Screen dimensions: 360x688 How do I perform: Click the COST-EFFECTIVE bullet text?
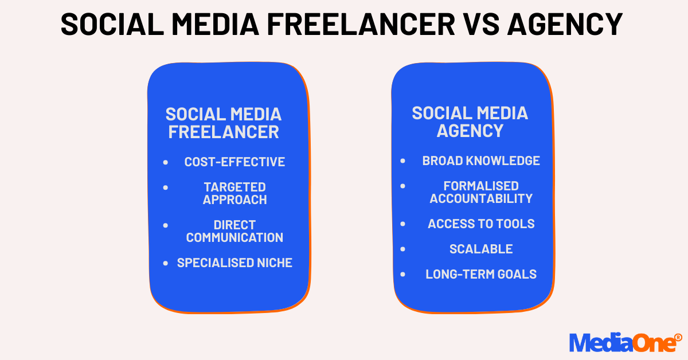pyautogui.click(x=234, y=162)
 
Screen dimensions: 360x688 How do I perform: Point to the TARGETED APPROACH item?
pyautogui.click(x=234, y=193)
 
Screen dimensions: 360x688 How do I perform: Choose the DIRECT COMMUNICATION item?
pyautogui.click(x=234, y=231)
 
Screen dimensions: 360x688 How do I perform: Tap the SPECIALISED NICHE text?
pyautogui.click(x=234, y=263)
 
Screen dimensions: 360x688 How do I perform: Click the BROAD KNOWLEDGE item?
pyautogui.click(x=481, y=161)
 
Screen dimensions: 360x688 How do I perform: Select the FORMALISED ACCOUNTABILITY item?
pyautogui.click(x=481, y=192)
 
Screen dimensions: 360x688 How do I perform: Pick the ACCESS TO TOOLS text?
pyautogui.click(x=481, y=224)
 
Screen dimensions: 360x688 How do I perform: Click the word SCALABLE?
pyautogui.click(x=481, y=249)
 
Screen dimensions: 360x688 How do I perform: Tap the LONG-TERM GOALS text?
pyautogui.click(x=481, y=274)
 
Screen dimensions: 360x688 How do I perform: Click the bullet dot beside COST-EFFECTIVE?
pyautogui.click(x=166, y=163)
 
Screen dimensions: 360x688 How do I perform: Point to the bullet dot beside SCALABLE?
pyautogui.click(x=403, y=249)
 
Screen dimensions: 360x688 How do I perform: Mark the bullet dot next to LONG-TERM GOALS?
pyautogui.click(x=403, y=275)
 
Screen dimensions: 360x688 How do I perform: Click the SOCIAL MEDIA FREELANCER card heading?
pyautogui.click(x=224, y=123)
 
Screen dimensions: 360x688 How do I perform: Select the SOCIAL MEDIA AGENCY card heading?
pyautogui.click(x=470, y=122)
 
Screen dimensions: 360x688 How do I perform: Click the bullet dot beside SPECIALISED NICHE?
pyautogui.click(x=166, y=263)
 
